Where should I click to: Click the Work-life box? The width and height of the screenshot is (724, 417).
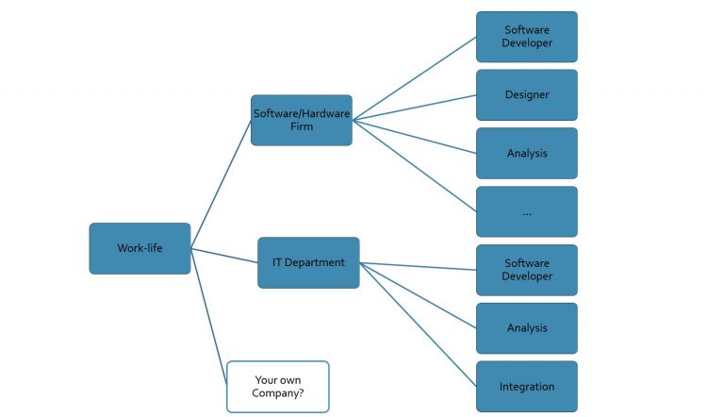[x=140, y=248]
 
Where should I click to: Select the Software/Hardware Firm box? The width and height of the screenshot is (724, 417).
[x=301, y=120]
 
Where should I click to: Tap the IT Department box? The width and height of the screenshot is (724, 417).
[x=308, y=262]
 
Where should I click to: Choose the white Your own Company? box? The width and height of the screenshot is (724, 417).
[x=277, y=386]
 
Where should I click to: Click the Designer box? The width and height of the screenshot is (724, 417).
[x=526, y=94]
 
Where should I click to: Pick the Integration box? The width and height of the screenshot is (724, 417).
[x=526, y=386]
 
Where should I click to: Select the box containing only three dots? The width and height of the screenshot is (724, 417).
[x=526, y=211]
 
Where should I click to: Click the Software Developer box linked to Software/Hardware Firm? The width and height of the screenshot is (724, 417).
[x=526, y=37]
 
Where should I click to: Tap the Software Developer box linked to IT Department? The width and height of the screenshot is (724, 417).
[x=526, y=270]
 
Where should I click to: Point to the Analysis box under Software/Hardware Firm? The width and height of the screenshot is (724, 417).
[x=526, y=153]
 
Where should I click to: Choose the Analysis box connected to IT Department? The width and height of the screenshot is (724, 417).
[x=526, y=327]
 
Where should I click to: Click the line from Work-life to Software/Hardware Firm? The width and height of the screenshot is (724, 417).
[x=222, y=184]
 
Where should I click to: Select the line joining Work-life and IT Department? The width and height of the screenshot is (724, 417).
[x=224, y=255]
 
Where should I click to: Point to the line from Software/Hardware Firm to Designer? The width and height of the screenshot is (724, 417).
[x=415, y=108]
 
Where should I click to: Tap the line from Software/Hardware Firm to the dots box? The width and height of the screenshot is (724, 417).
[x=415, y=166]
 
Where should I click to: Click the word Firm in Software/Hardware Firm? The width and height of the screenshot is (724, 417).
[x=301, y=127]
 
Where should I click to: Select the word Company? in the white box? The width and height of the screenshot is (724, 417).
[x=277, y=393]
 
